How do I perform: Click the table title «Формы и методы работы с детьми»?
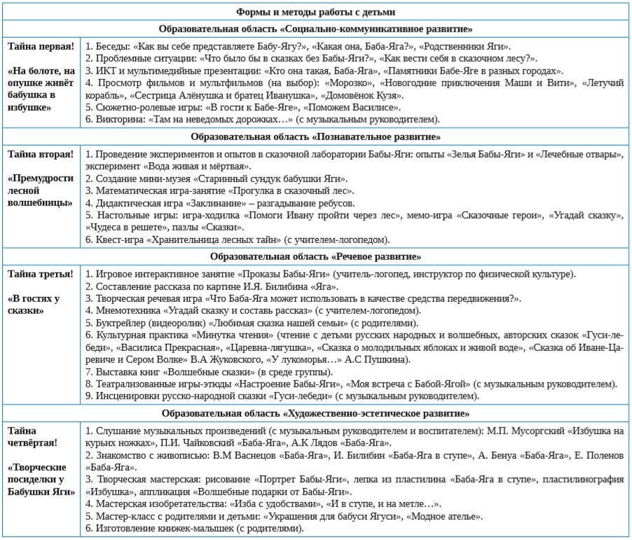point(316,11)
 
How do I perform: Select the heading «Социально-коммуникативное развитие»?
point(316,29)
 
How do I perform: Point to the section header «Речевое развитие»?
point(316,257)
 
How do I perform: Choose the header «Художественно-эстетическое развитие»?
point(316,414)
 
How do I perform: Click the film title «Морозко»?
point(338,83)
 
